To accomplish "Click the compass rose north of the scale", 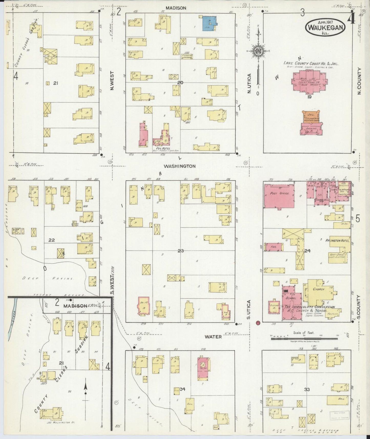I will pos(258,51).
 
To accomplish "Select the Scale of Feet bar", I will pos(304,339).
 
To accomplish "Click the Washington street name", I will pos(179,166).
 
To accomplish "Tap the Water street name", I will pos(213,337).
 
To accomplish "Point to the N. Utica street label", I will pos(250,83).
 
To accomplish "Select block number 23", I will pos(181,251).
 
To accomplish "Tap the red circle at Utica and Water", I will pos(258,322).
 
